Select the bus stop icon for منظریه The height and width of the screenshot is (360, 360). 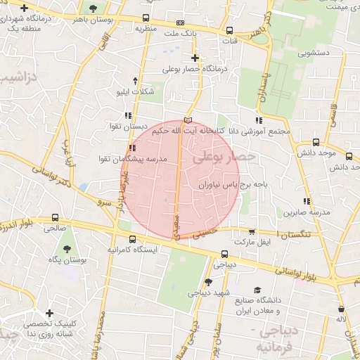click(x=146, y=18)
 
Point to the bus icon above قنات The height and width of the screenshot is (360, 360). click(x=231, y=30)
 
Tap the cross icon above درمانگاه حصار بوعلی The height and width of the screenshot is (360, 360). click(x=195, y=58)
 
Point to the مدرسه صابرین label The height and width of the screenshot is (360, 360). click(x=307, y=212)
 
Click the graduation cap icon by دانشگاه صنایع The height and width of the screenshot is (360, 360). click(x=257, y=290)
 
